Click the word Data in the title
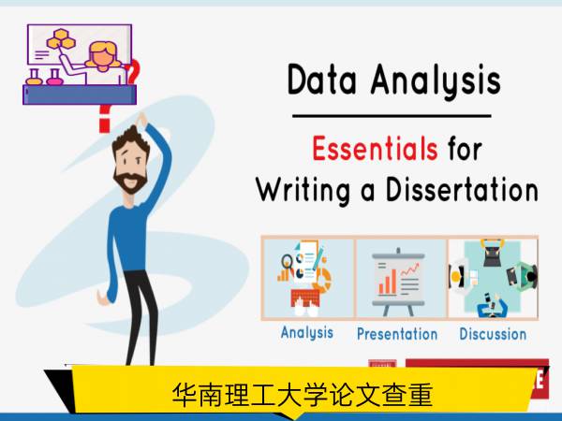[321, 80]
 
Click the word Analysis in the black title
[436, 81]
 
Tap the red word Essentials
[375, 148]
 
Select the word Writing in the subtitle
[303, 190]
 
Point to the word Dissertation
[462, 189]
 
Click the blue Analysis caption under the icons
[307, 332]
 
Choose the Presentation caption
[397, 334]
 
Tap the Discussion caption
[493, 334]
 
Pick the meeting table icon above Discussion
[494, 279]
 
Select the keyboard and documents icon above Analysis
[304, 279]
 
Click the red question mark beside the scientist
[132, 71]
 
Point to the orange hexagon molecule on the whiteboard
[61, 39]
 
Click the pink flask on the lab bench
[54, 78]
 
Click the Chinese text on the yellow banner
[303, 395]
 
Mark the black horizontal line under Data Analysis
[392, 116]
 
